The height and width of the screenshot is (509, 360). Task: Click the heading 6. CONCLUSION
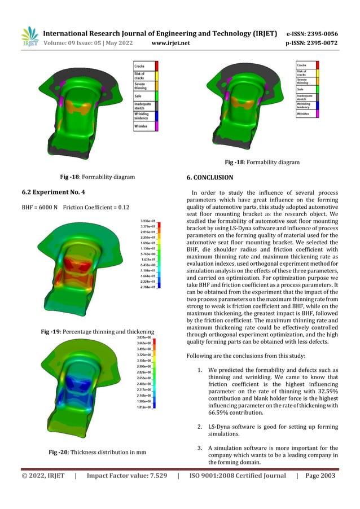tap(209, 178)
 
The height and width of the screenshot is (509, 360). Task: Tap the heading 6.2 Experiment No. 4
tap(49, 193)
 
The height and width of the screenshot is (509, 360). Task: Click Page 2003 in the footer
tap(320, 476)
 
